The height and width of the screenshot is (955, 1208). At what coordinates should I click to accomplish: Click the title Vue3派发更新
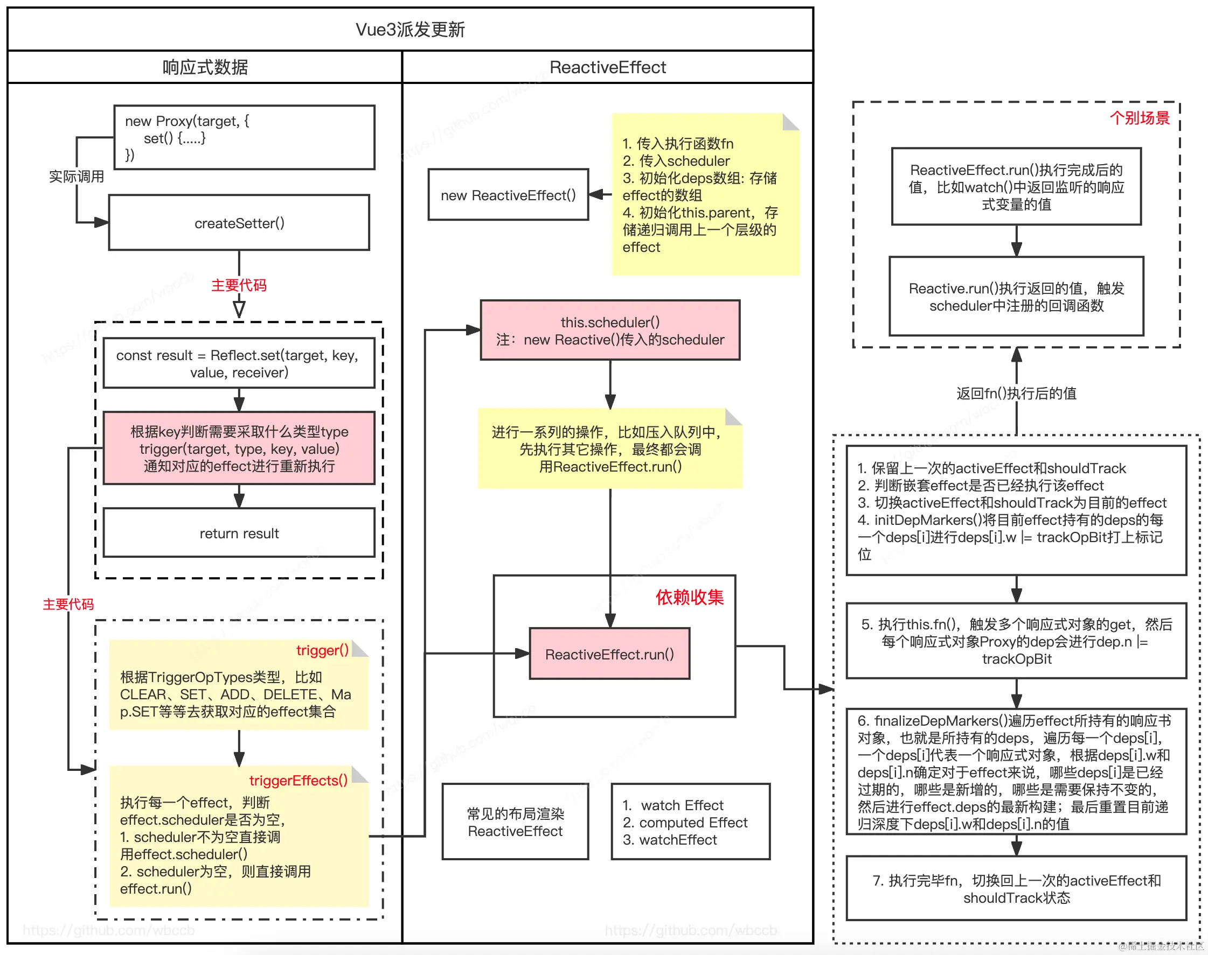(x=410, y=29)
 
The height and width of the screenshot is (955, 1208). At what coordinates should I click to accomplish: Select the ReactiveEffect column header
(x=608, y=67)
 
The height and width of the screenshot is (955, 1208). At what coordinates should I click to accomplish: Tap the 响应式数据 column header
(x=205, y=67)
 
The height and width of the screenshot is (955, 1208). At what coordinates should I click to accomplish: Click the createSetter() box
(x=239, y=223)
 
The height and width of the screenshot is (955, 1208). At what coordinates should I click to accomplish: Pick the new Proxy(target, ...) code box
(x=244, y=138)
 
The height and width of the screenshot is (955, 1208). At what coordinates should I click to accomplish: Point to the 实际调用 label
(x=76, y=177)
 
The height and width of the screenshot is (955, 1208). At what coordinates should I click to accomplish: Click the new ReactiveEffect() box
(x=508, y=195)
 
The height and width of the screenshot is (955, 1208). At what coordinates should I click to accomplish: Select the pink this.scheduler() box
(x=610, y=331)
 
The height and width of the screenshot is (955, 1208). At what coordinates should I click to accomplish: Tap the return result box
(x=239, y=533)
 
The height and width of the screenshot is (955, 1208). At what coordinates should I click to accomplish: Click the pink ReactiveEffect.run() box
(x=609, y=654)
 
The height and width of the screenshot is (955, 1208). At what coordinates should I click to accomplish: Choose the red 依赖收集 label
(x=689, y=597)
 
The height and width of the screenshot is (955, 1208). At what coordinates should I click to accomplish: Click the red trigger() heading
(x=322, y=650)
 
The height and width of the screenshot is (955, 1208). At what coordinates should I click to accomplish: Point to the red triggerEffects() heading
(x=298, y=781)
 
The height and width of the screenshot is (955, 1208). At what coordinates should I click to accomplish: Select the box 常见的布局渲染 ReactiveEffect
(x=515, y=822)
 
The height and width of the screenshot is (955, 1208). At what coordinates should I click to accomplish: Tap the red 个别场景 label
(x=1139, y=118)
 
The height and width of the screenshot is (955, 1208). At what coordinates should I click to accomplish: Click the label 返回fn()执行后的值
(x=1016, y=394)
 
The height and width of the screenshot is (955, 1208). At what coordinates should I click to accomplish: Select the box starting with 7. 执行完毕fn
(x=1016, y=889)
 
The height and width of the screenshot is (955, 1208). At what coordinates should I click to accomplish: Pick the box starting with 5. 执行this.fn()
(x=1016, y=641)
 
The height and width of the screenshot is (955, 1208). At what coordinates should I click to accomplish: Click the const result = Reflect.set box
(x=239, y=363)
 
